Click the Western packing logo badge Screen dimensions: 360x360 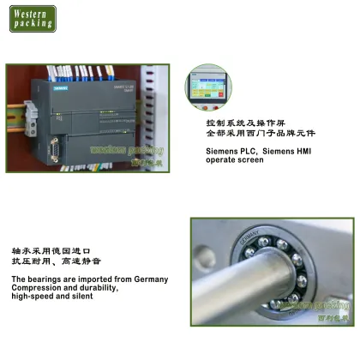33,18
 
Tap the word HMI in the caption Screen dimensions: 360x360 300,151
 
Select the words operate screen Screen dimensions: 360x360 234,160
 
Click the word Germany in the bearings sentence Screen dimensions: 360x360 151,279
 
